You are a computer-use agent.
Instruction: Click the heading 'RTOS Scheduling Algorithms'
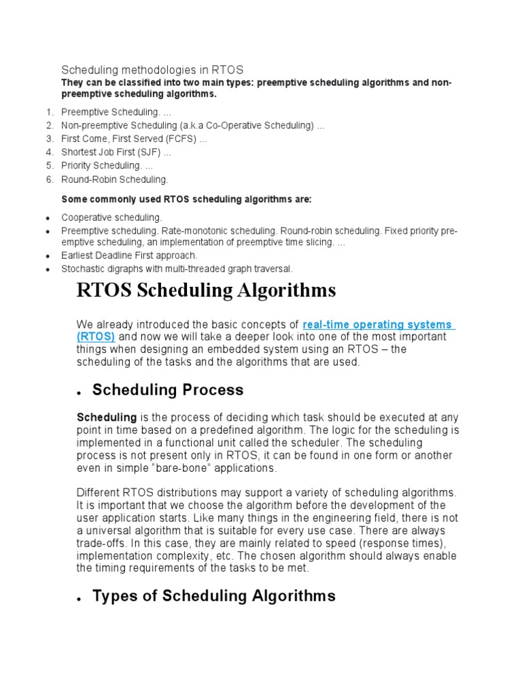206,290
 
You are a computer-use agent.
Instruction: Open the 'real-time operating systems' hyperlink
378,325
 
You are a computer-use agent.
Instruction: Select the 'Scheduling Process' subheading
167,390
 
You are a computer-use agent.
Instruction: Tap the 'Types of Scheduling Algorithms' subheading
213,596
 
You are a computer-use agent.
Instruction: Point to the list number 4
50,153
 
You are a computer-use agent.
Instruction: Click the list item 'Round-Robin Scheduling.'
114,180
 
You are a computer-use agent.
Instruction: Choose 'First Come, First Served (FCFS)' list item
129,139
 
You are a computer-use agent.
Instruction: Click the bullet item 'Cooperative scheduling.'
111,217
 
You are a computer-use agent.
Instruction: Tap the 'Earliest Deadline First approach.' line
129,256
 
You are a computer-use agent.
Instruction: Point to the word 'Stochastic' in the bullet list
82,269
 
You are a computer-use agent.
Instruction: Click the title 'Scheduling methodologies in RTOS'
152,70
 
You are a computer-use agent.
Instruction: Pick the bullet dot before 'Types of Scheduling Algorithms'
80,599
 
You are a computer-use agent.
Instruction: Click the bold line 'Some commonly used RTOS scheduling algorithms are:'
186,199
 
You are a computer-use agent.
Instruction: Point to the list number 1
50,112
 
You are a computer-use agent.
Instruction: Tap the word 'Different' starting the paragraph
99,492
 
